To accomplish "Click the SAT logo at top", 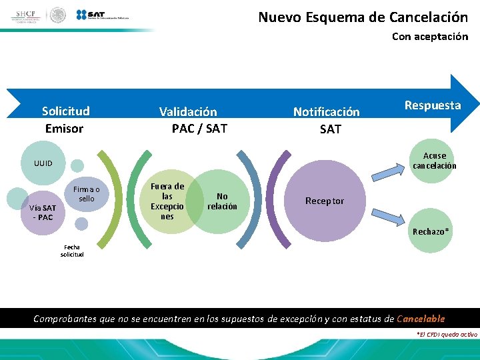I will click(x=101, y=15).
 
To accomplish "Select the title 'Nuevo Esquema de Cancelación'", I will click(x=363, y=17).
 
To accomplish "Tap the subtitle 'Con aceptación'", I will click(x=429, y=37).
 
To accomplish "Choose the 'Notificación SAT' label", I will click(x=327, y=121).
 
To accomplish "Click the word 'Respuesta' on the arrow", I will click(x=432, y=105).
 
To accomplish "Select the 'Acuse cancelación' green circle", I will click(x=435, y=161).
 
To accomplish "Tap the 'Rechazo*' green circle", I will click(x=431, y=231).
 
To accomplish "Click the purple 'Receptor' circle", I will click(x=325, y=201).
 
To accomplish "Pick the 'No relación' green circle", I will click(x=222, y=201).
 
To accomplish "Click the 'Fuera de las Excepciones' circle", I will click(x=167, y=201).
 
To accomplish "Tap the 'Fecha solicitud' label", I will click(x=72, y=251).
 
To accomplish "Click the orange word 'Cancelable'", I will click(x=420, y=319).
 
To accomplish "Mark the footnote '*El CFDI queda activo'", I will click(x=446, y=334).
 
